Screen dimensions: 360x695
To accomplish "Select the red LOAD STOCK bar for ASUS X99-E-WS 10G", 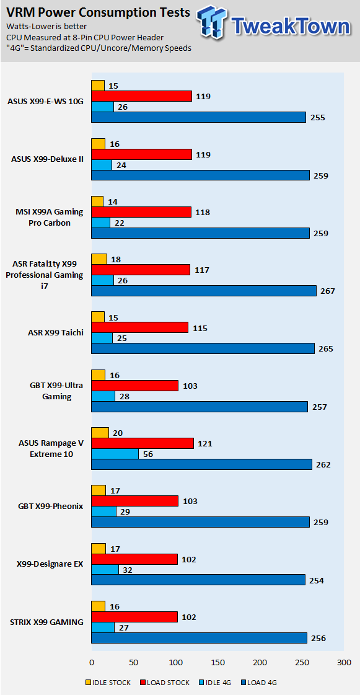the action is point(142,96).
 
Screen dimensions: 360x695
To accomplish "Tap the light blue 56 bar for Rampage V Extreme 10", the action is point(115,453).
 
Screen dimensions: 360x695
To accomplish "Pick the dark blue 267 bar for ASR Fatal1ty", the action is point(204,291).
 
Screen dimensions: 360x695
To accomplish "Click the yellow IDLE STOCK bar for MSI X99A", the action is point(97,201).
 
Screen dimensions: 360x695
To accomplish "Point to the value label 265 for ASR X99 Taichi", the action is point(326,349).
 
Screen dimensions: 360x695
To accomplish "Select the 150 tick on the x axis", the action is point(217,663).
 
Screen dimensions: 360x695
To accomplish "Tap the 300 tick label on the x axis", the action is point(344,663).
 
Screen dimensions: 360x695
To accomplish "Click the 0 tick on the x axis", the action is point(92,663).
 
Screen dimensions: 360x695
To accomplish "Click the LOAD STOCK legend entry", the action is point(165,683).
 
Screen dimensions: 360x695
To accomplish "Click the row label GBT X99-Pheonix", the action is point(50,506).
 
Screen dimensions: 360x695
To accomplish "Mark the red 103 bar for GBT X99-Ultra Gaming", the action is point(135,386).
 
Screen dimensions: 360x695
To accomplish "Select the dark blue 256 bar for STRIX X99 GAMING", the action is point(200,638).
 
